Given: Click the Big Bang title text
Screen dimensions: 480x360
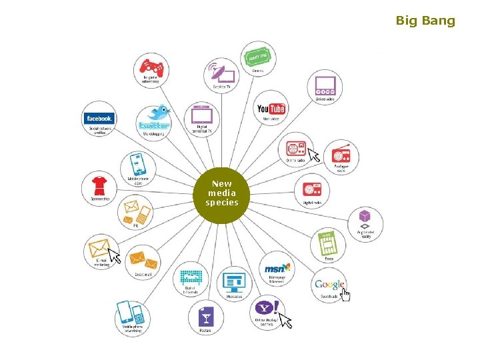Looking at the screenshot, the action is coord(425,21).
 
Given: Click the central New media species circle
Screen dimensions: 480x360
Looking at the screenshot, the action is coord(221,193).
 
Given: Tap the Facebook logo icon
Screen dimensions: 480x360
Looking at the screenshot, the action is coord(99,118).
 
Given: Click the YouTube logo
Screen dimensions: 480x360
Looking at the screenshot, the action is coord(271,108).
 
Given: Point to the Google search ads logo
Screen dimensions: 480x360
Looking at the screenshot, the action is coord(330,285).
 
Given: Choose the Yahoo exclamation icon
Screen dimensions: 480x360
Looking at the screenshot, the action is coord(268,309).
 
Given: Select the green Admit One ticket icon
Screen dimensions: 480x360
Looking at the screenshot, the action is coord(257,57).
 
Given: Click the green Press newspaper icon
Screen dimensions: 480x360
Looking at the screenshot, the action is coord(327,244).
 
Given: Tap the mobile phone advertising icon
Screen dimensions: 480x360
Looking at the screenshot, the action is coord(131,314).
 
